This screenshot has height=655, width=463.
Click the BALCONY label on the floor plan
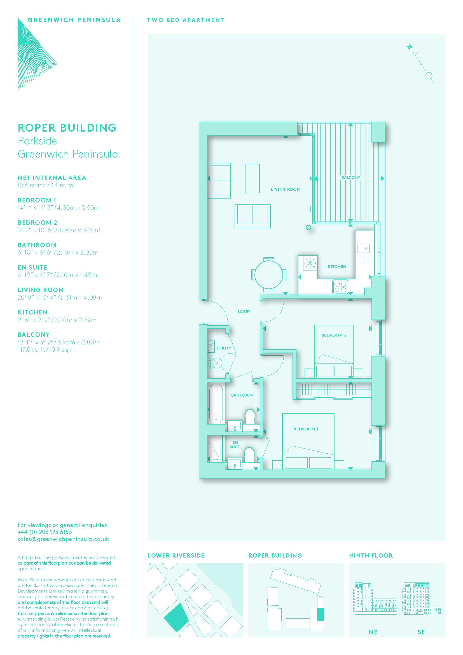(x=351, y=178)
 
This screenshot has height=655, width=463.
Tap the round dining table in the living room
(x=268, y=275)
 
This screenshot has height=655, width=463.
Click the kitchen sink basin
(x=364, y=248)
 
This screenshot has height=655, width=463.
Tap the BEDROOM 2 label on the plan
(x=334, y=335)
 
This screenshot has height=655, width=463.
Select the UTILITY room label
(x=224, y=348)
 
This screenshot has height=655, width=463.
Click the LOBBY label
(x=244, y=312)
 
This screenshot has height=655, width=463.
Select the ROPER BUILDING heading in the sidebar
(x=67, y=128)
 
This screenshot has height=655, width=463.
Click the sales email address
(x=63, y=545)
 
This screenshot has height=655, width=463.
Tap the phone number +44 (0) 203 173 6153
(x=45, y=538)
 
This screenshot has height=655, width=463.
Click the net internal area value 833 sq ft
(x=29, y=185)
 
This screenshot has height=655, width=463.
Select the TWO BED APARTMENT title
(x=186, y=20)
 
